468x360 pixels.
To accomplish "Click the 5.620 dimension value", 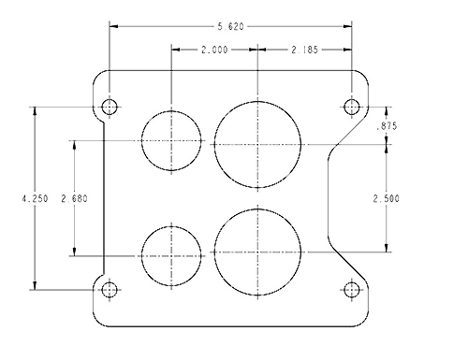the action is pyautogui.click(x=230, y=27).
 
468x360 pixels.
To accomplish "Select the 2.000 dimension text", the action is pyautogui.click(x=214, y=50).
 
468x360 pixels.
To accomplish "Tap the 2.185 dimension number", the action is pyautogui.click(x=305, y=50).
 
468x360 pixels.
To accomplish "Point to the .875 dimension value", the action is pyautogui.click(x=387, y=126).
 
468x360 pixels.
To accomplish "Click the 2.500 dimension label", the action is pyautogui.click(x=387, y=198).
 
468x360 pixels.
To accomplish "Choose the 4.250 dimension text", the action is pyautogui.click(x=35, y=198).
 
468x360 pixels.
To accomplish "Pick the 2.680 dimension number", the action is pyautogui.click(x=74, y=198).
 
